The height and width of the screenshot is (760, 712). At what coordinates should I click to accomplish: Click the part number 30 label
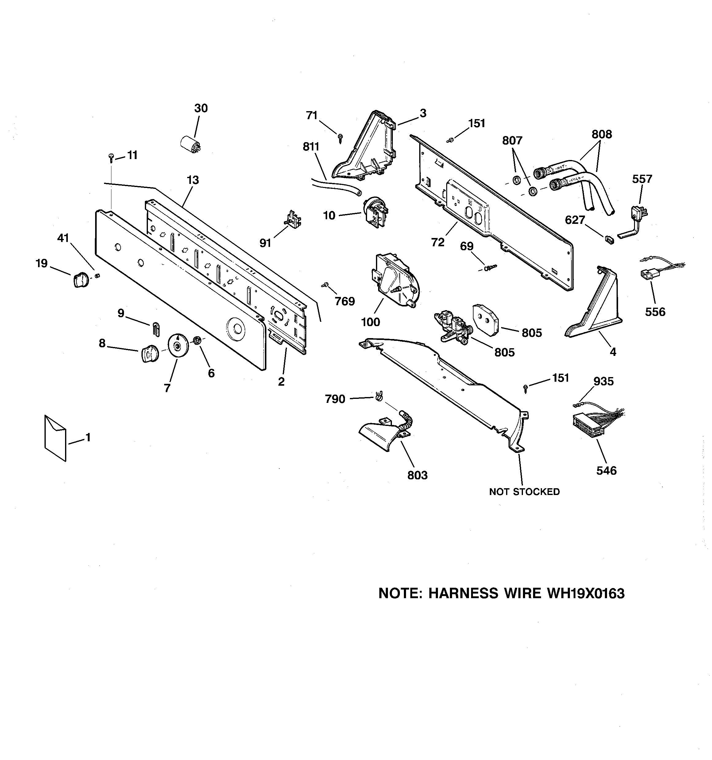tap(201, 109)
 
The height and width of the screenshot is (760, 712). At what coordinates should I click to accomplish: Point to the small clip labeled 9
tap(156, 329)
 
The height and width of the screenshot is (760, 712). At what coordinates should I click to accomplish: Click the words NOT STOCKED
tap(524, 492)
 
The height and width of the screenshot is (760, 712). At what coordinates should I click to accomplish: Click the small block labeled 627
tap(609, 240)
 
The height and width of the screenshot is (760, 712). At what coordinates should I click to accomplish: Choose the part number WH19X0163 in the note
tap(586, 593)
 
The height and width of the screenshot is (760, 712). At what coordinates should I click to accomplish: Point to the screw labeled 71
tap(340, 137)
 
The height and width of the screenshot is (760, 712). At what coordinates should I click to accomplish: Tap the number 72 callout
tap(438, 242)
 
